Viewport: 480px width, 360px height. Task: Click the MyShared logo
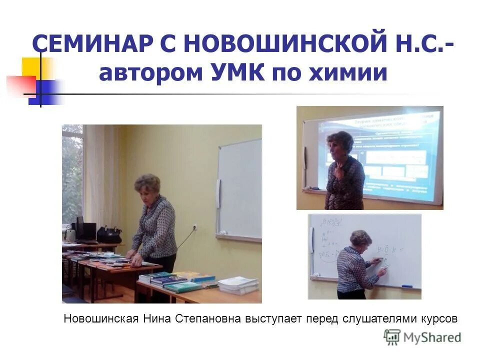click(422, 337)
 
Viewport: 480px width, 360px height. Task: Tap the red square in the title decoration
click(20, 85)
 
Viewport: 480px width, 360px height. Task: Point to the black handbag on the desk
click(109, 234)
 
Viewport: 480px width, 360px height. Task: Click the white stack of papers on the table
click(238, 285)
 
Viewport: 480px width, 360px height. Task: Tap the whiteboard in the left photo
click(240, 190)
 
